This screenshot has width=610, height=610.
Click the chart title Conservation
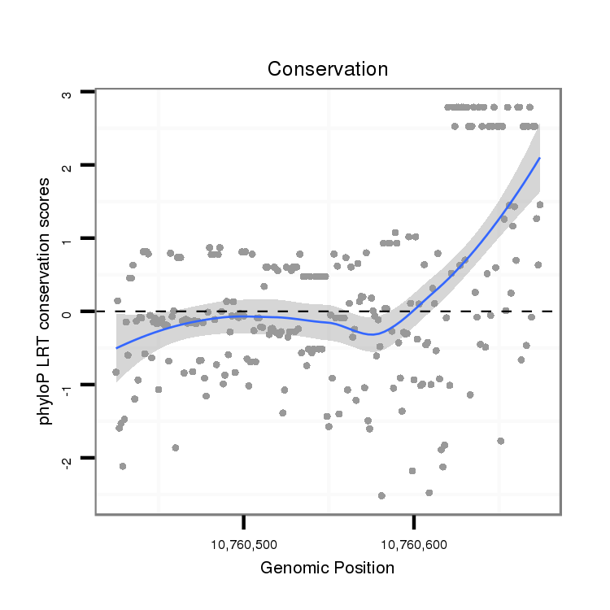pyautogui.click(x=328, y=69)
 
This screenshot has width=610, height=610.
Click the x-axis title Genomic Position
pyautogui.click(x=328, y=568)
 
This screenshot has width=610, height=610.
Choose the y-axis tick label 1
pyautogui.click(x=68, y=238)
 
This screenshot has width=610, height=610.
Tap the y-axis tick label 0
pyautogui.click(x=68, y=312)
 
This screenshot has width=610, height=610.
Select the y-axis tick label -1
pyautogui.click(x=68, y=386)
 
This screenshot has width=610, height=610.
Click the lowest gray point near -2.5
pyautogui.click(x=381, y=495)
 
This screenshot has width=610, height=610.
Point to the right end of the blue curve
pyautogui.click(x=539, y=159)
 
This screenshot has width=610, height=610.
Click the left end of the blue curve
pyautogui.click(x=116, y=348)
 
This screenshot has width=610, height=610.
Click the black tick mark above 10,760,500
pyautogui.click(x=243, y=521)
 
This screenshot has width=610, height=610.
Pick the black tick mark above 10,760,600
pyautogui.click(x=414, y=521)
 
